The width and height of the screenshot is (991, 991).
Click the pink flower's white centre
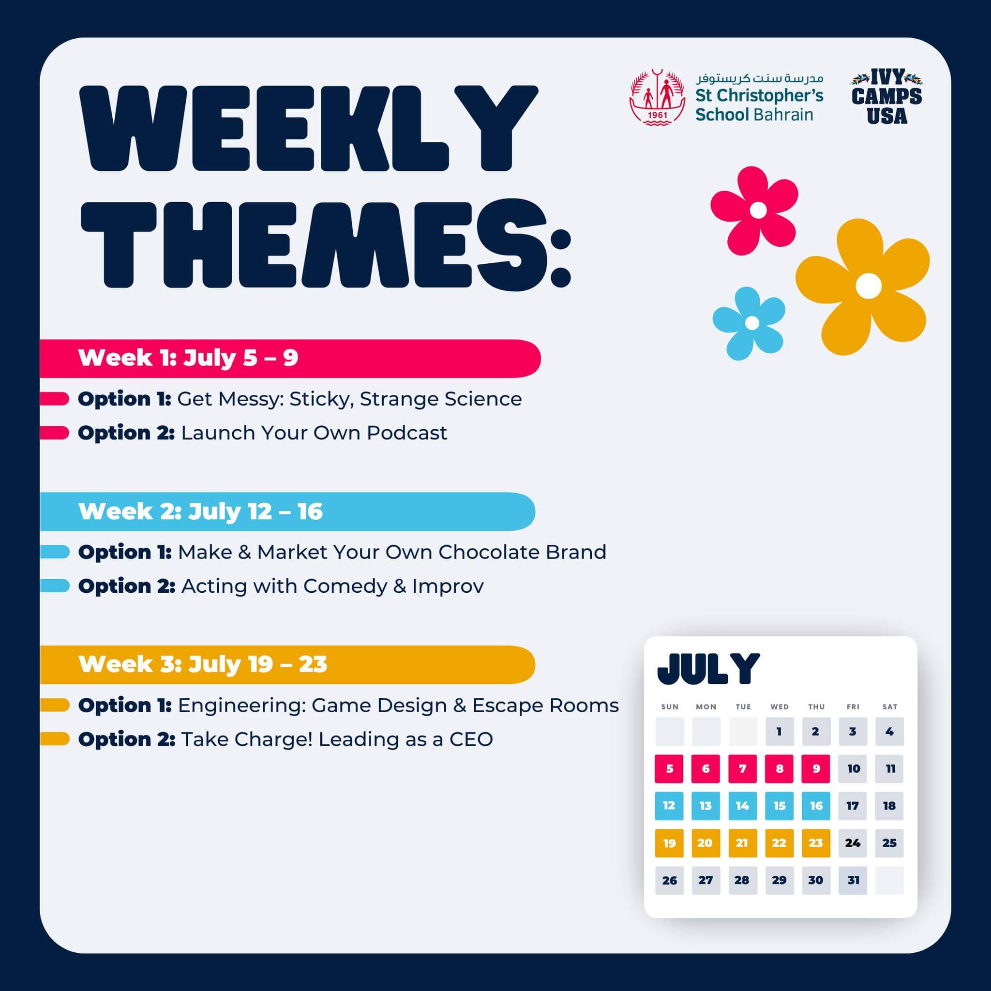758,210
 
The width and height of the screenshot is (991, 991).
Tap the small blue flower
750,323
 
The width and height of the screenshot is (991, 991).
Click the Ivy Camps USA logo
886,97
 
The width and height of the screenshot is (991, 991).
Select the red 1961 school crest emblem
657,97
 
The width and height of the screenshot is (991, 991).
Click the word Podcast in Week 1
407,433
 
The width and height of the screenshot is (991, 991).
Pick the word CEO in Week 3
471,739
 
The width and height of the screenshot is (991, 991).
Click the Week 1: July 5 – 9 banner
290,358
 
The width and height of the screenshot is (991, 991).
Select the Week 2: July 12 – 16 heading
200,511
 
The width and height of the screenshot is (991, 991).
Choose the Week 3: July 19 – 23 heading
203,664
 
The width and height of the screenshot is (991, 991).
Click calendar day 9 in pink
815,768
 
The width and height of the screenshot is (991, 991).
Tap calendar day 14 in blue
742,805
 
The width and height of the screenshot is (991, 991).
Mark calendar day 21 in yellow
742,843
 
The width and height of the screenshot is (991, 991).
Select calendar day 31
853,880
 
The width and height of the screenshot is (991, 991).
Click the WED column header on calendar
779,707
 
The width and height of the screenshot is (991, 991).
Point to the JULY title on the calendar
708,669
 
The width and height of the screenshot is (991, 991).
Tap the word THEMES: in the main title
326,244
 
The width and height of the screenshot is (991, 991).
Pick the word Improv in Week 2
448,586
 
